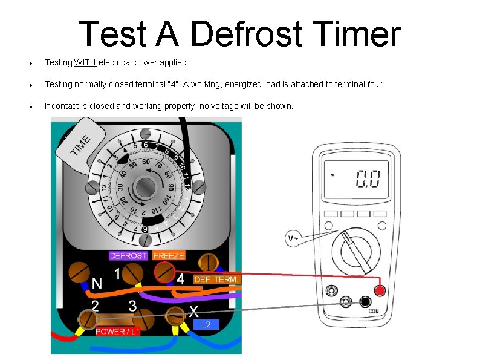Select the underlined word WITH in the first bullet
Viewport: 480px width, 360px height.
click(85, 62)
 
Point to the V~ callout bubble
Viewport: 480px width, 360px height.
click(293, 238)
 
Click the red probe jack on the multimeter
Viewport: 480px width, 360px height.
click(380, 291)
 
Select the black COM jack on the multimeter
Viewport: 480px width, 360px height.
click(365, 301)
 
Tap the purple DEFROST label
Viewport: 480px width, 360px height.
click(128, 255)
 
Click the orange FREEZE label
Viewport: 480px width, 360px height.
click(168, 255)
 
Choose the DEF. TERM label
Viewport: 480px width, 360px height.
click(216, 279)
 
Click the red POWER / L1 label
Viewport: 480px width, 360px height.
click(118, 332)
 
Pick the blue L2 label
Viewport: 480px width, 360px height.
click(206, 325)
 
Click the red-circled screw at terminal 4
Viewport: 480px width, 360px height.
click(163, 272)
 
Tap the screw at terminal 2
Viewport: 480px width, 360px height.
click(88, 318)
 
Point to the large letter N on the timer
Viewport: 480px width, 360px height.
click(97, 283)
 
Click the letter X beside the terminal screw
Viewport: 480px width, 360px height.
click(193, 311)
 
